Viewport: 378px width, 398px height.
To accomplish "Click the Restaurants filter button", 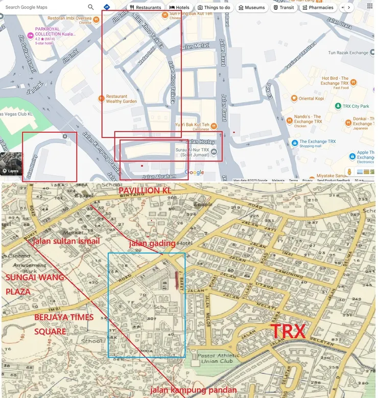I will pos(146,8).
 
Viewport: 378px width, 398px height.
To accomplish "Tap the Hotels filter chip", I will pos(179,8).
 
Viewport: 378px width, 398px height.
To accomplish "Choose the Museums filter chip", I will pos(251,8).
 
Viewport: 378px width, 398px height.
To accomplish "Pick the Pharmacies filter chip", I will pos(318,8).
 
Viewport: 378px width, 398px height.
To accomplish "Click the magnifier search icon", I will pos(91,7).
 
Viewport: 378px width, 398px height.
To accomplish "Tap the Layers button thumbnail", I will pos(11,163).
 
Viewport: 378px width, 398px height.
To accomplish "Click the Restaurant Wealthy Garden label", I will pos(121,99).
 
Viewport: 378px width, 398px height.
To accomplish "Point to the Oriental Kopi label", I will pos(311,99).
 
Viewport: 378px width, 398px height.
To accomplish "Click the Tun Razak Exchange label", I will pos(348,53).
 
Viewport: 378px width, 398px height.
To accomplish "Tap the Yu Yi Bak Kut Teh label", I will pos(192,125).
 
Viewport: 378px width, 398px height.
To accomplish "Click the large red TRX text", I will pos(288,331).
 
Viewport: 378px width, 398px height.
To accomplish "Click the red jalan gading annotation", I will pos(152,243).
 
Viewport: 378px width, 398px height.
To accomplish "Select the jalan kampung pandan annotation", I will pos(193,390).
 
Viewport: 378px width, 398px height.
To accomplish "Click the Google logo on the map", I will pos(194,173).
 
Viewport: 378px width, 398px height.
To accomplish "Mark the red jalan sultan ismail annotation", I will pos(66,241).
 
